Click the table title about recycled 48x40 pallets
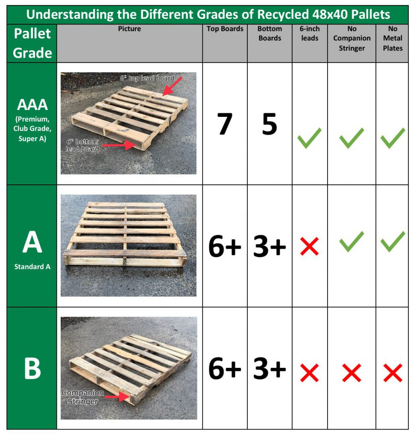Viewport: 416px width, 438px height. [x=208, y=15]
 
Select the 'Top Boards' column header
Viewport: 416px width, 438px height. [x=225, y=29]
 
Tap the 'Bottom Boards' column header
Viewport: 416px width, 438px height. [x=270, y=33]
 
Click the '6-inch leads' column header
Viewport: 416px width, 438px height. [x=310, y=33]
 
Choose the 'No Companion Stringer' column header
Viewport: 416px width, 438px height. [x=352, y=38]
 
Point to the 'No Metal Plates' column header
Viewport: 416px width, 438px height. [x=393, y=38]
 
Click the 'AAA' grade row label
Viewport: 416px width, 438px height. [x=32, y=105]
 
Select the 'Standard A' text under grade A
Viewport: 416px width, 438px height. [x=32, y=266]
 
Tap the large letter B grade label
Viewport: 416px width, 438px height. [x=32, y=368]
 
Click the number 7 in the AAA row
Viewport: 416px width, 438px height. [x=225, y=124]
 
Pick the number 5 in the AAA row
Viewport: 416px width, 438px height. [x=270, y=124]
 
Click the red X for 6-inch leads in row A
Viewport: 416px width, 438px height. [x=310, y=247]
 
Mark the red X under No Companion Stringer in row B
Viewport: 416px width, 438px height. [x=352, y=373]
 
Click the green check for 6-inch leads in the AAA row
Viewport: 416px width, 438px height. [x=310, y=138]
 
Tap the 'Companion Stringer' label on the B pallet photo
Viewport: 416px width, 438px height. [x=82, y=397]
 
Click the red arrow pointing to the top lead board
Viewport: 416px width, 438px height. [x=173, y=86]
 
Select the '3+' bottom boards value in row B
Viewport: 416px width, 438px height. [x=270, y=369]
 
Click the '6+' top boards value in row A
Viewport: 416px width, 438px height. [x=225, y=247]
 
